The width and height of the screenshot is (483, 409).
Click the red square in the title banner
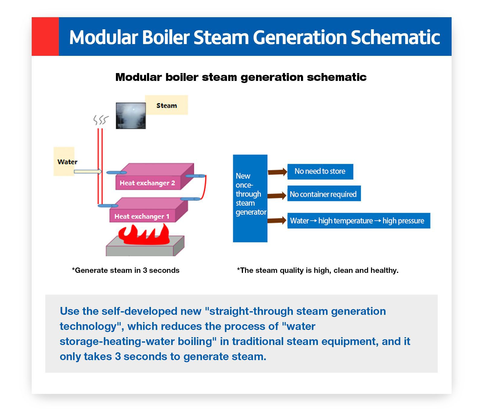coord(45,37)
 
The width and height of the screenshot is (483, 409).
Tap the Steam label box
coord(166,105)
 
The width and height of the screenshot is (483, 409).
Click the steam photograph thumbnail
coord(131,116)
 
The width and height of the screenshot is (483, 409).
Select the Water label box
coord(64,161)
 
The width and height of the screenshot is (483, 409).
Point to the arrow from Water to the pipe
coord(88,171)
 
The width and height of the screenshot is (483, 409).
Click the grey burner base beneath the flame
coord(145,246)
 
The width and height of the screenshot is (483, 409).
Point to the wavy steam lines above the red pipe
coord(101,120)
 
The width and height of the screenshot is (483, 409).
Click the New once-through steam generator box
coord(250,198)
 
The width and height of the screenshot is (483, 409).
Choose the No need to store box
coord(320,171)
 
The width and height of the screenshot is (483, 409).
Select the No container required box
coord(324,193)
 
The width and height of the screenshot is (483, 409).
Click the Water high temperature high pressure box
coord(359,221)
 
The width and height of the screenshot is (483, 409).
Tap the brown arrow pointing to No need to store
coord(277,172)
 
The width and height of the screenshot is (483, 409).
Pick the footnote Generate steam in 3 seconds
coord(126,270)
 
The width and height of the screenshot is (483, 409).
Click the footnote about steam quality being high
coord(318,270)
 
